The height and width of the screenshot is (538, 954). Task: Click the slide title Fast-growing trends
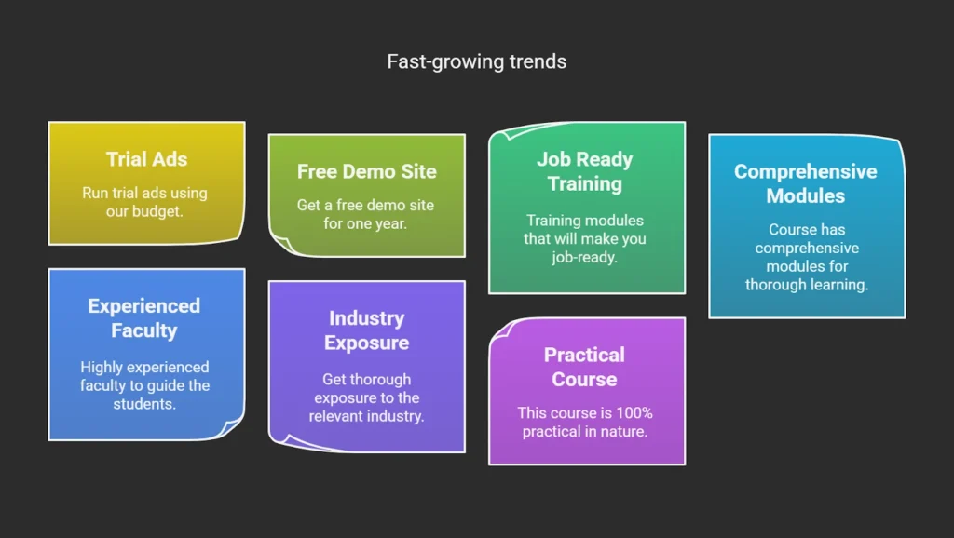tap(476, 61)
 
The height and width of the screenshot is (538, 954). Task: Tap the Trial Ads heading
tap(146, 159)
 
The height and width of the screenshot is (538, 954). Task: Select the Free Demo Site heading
tap(367, 171)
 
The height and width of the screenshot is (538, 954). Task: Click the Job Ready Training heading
tap(585, 171)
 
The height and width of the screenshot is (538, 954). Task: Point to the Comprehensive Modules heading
tap(806, 183)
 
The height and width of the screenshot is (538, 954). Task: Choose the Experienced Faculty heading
tap(144, 318)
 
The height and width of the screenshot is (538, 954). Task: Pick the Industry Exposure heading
tap(366, 330)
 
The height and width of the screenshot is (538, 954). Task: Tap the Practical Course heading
tap(584, 367)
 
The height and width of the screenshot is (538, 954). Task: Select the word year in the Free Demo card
tap(390, 223)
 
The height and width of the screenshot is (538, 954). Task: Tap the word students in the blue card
tap(144, 404)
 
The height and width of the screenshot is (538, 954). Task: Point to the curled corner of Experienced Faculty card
tap(230, 426)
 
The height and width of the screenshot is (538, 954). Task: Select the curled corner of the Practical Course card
tap(502, 330)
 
